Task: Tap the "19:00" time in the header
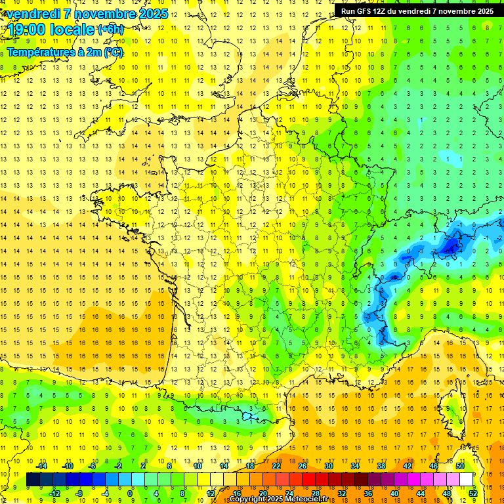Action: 27,30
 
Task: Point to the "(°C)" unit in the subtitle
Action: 112,52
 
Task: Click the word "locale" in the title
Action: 73,30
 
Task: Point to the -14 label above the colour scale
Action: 42,465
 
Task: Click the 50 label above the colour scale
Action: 459,465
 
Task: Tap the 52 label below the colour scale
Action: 472,493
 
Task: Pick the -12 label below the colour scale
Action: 55,493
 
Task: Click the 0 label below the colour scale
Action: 130,493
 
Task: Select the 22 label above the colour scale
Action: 276,465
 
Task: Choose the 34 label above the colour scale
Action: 355,465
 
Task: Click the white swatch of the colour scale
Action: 467,480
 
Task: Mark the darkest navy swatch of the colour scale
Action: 33,480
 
